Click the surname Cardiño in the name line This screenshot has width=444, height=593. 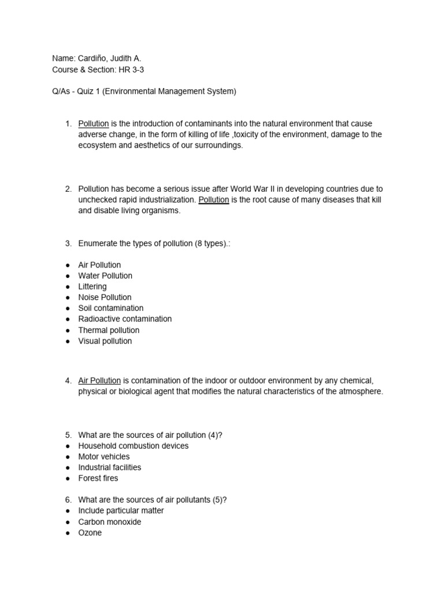[91, 58]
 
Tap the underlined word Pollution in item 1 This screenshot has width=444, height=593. [94, 124]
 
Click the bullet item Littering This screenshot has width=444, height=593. [92, 287]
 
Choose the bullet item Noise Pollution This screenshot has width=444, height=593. [105, 297]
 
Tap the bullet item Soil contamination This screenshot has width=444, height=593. [110, 308]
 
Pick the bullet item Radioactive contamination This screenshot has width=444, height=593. [125, 319]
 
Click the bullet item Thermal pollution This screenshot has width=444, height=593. [109, 330]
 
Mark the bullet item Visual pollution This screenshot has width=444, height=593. [105, 341]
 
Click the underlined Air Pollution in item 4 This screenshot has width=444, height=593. [99, 380]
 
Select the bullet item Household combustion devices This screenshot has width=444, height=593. [133, 446]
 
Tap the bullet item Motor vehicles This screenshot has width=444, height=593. [104, 456]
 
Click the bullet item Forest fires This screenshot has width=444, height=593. [98, 478]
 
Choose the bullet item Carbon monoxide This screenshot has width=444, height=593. [109, 522]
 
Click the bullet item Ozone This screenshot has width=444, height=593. [90, 533]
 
